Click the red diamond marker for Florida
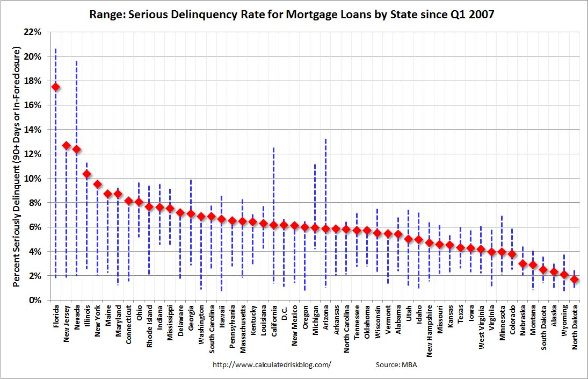pos(55,87)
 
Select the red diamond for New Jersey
pos(66,146)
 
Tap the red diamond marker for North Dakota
pos(575,279)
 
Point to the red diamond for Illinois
pos(86,174)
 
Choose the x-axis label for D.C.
pos(284,314)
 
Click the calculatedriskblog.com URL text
pos(272,364)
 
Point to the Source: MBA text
pos(396,364)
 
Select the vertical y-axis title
pos(17,167)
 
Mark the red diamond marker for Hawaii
pos(222,219)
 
